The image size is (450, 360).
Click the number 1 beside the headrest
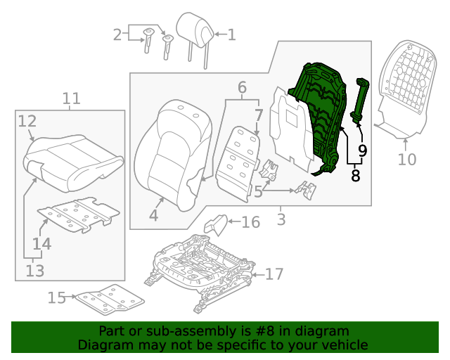click(231, 34)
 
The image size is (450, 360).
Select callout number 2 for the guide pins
click(117, 34)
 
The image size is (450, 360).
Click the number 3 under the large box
click(281, 220)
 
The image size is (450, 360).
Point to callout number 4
click(153, 216)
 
